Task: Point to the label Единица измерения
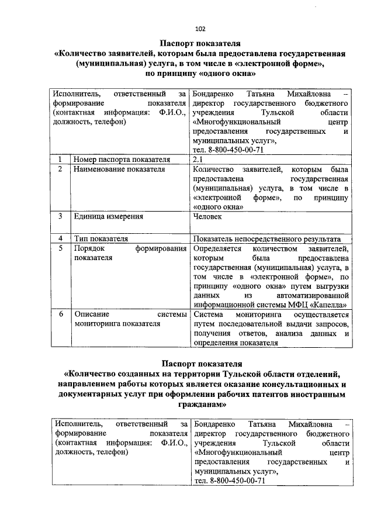click(108, 216)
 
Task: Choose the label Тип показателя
click(101, 238)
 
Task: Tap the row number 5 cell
click(61, 249)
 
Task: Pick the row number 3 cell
click(61, 216)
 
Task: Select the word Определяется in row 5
click(215, 249)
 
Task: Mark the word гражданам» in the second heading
click(200, 403)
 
